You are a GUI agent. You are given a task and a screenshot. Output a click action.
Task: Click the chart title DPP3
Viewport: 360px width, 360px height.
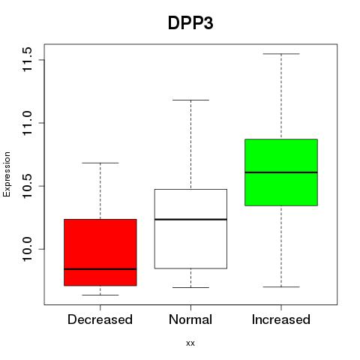[x=190, y=23]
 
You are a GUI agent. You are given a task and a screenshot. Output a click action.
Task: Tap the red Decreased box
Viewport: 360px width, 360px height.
[x=100, y=252]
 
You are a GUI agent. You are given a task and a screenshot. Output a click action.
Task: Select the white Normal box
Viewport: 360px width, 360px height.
[x=190, y=229]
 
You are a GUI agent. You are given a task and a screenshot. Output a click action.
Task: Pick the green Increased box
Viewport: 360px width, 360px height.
[x=281, y=172]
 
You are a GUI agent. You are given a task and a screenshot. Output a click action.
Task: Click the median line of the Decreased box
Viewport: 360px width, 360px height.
[x=100, y=269]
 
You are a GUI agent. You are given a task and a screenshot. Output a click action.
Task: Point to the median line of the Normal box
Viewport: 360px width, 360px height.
[x=190, y=219]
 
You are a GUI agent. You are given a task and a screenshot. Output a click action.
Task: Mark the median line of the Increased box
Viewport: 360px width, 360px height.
[x=281, y=172]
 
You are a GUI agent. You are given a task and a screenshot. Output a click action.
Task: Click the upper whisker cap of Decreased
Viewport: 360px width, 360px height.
[x=100, y=163]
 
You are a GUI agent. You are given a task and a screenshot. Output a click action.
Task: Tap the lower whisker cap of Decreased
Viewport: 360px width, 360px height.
[x=100, y=295]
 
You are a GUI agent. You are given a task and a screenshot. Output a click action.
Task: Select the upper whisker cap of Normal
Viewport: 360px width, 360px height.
[x=190, y=100]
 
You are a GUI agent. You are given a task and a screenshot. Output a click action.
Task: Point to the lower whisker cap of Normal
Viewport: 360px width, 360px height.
[x=190, y=287]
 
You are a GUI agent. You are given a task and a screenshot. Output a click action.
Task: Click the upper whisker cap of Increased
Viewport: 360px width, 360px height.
[x=281, y=54]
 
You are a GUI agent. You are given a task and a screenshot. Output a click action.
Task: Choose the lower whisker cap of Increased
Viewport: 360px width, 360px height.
[x=281, y=286]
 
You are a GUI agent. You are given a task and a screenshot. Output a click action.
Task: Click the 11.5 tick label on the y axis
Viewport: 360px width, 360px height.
[x=27, y=60]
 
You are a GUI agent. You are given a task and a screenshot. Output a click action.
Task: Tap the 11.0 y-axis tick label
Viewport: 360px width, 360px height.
[x=27, y=123]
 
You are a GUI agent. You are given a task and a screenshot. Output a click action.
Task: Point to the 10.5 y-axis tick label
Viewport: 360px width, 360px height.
[x=27, y=186]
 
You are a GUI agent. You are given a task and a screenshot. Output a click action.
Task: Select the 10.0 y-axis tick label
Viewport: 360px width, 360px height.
[x=27, y=249]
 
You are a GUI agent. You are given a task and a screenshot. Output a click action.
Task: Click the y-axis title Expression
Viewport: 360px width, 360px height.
[x=7, y=174]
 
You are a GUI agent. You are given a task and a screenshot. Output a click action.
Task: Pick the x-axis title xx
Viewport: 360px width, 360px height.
[x=190, y=343]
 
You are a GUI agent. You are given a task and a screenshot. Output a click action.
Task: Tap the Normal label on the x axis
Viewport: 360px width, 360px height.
[x=190, y=319]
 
